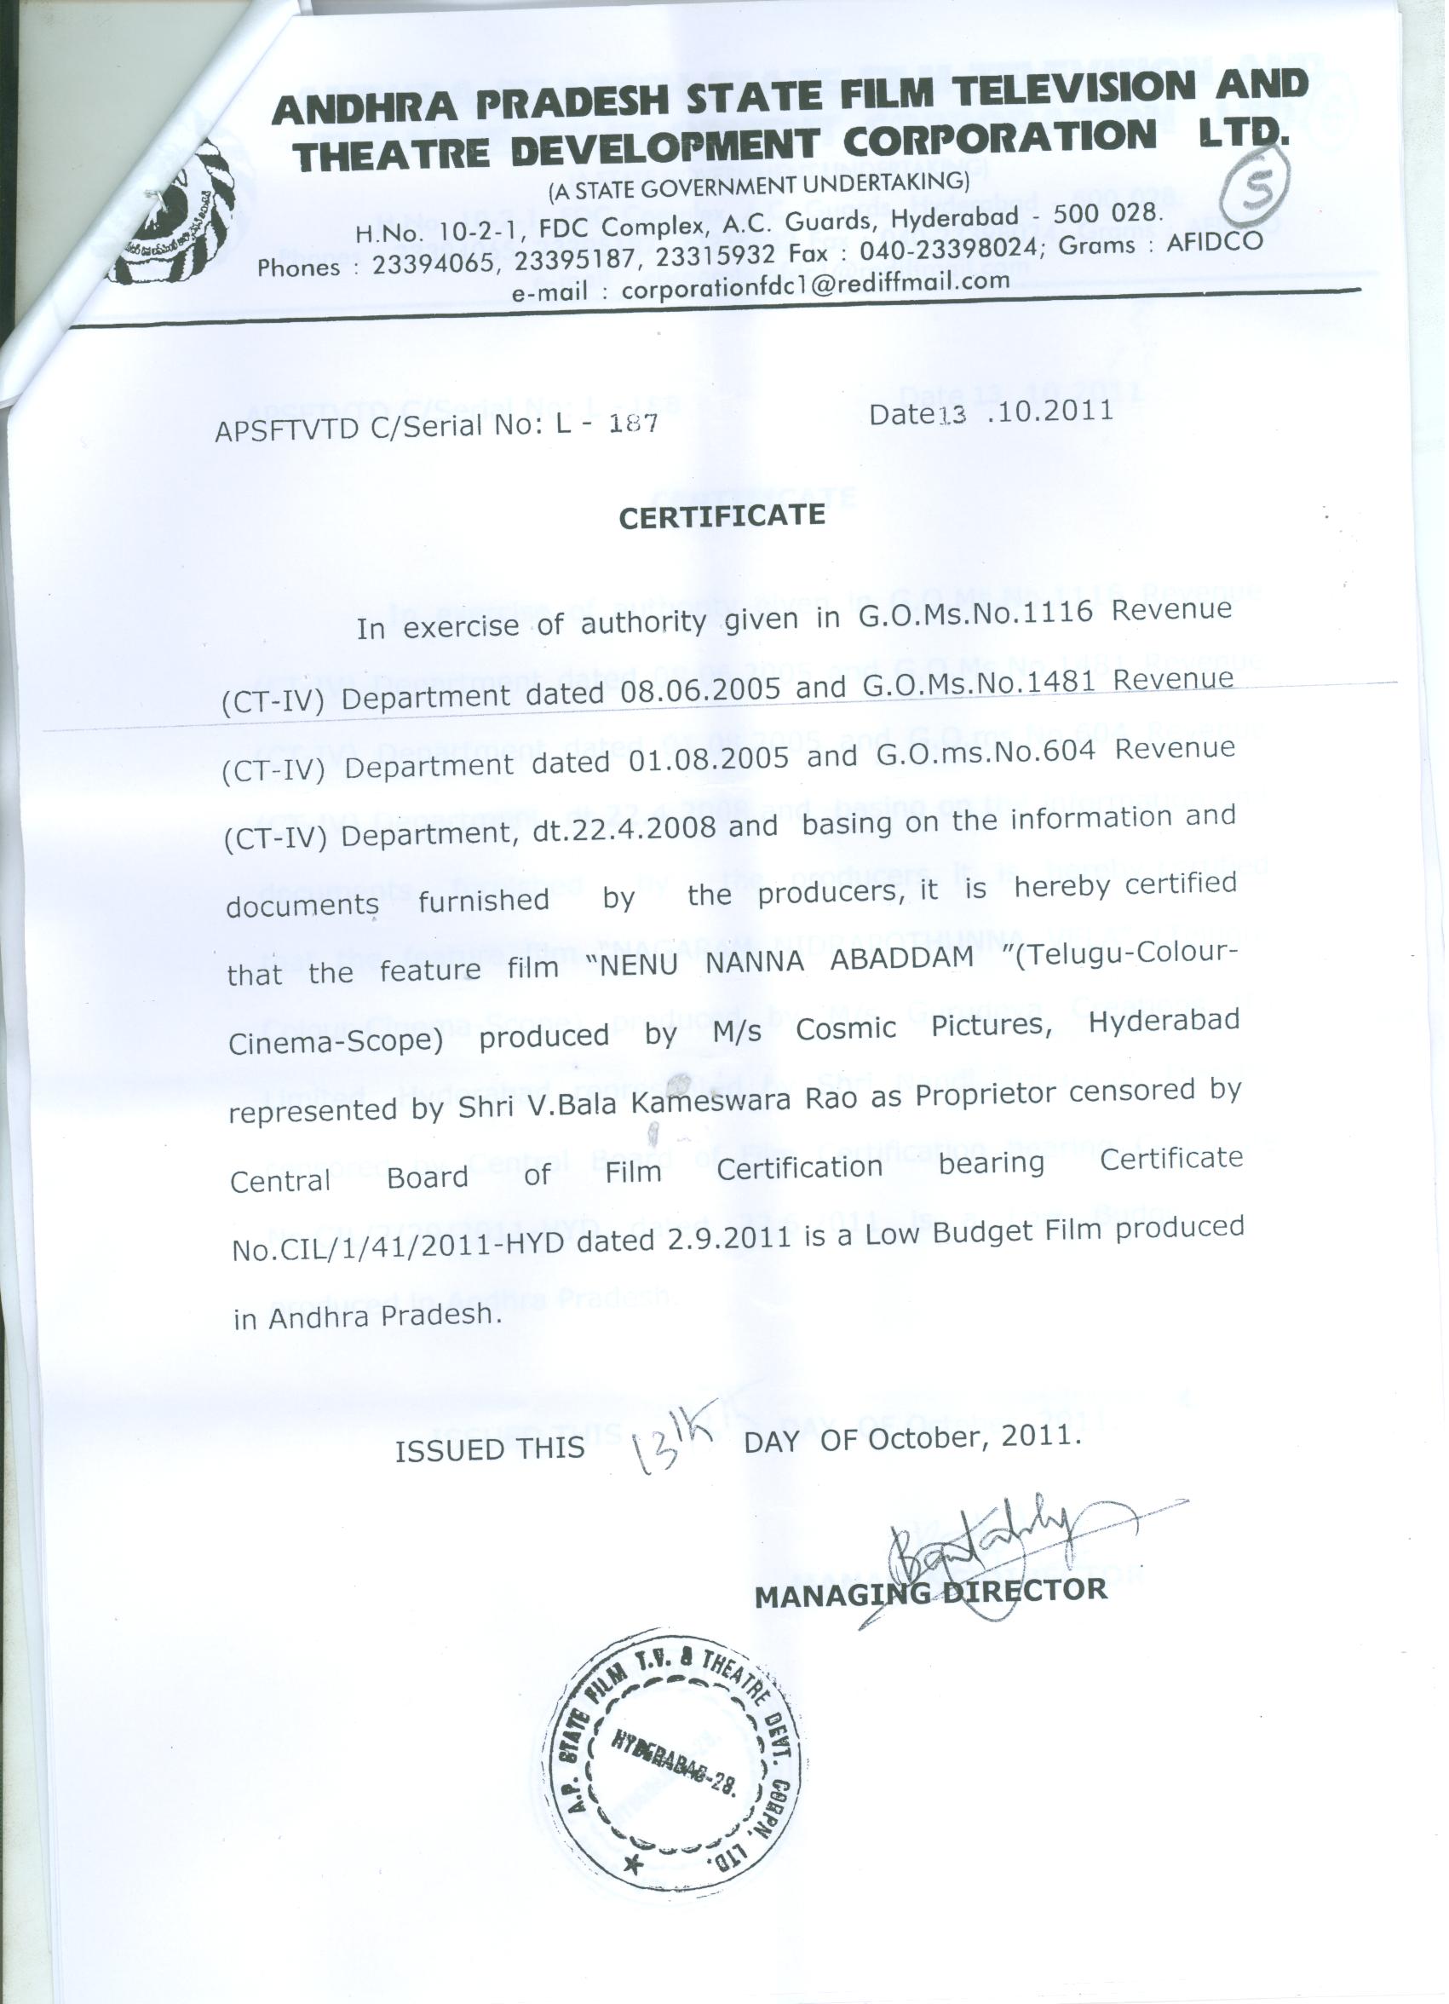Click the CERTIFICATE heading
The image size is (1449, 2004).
pos(722,515)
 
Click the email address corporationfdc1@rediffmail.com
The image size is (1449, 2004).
pos(814,285)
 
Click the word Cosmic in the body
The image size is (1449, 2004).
pos(846,1029)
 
